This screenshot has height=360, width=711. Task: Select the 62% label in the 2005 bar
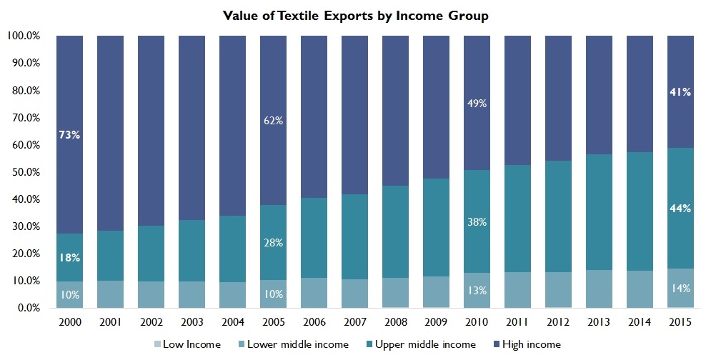[273, 121]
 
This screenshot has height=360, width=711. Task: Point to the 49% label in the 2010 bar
[477, 104]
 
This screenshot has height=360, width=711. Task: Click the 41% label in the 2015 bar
[680, 91]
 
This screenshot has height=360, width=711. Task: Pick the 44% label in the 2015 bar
[680, 209]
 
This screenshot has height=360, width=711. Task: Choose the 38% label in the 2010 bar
[477, 222]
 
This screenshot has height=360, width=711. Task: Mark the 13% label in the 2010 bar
[477, 291]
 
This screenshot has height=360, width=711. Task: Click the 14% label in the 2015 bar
[680, 289]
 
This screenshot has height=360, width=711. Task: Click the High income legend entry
[529, 344]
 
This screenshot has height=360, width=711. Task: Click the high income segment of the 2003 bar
[192, 129]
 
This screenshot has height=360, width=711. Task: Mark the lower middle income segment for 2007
[354, 294]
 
